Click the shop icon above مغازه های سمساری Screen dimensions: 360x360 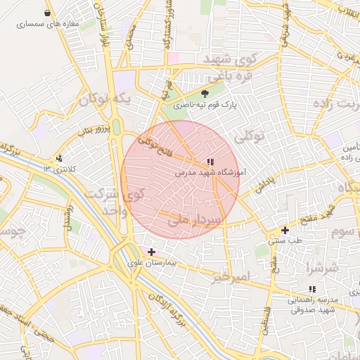click(x=47, y=13)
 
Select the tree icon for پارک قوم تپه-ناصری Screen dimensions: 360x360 click(x=205, y=94)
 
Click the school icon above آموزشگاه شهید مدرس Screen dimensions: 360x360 click(x=211, y=162)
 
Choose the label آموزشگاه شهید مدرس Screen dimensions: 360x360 click(x=209, y=172)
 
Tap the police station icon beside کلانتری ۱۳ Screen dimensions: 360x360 click(x=60, y=158)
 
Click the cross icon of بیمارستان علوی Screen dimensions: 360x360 click(x=151, y=251)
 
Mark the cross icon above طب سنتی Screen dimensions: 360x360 click(x=285, y=230)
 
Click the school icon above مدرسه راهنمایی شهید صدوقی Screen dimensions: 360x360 click(x=311, y=289)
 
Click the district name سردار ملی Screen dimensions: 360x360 click(x=195, y=220)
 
